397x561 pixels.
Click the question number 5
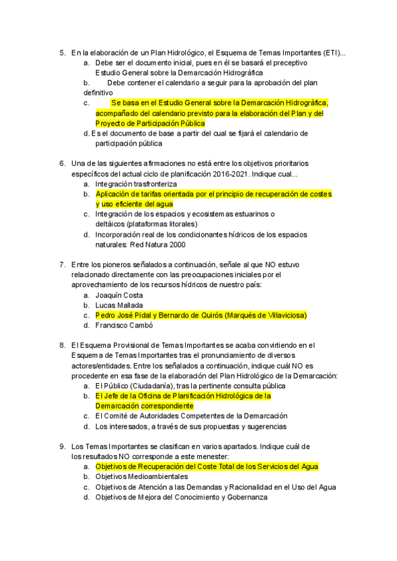pyautogui.click(x=62, y=52)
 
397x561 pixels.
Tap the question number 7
pyautogui.click(x=62, y=265)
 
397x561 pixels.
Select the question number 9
pyautogui.click(x=62, y=447)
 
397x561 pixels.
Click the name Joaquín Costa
pyautogui.click(x=119, y=295)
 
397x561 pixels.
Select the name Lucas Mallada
pyautogui.click(x=119, y=305)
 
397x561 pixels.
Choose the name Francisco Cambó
pyautogui.click(x=124, y=325)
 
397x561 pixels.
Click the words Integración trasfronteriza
pyautogui.click(x=136, y=183)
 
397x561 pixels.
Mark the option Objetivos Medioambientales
pyautogui.click(x=142, y=476)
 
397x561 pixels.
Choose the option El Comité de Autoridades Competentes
pyautogui.click(x=191, y=416)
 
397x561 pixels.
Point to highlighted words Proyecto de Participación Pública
pyautogui.click(x=150, y=123)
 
